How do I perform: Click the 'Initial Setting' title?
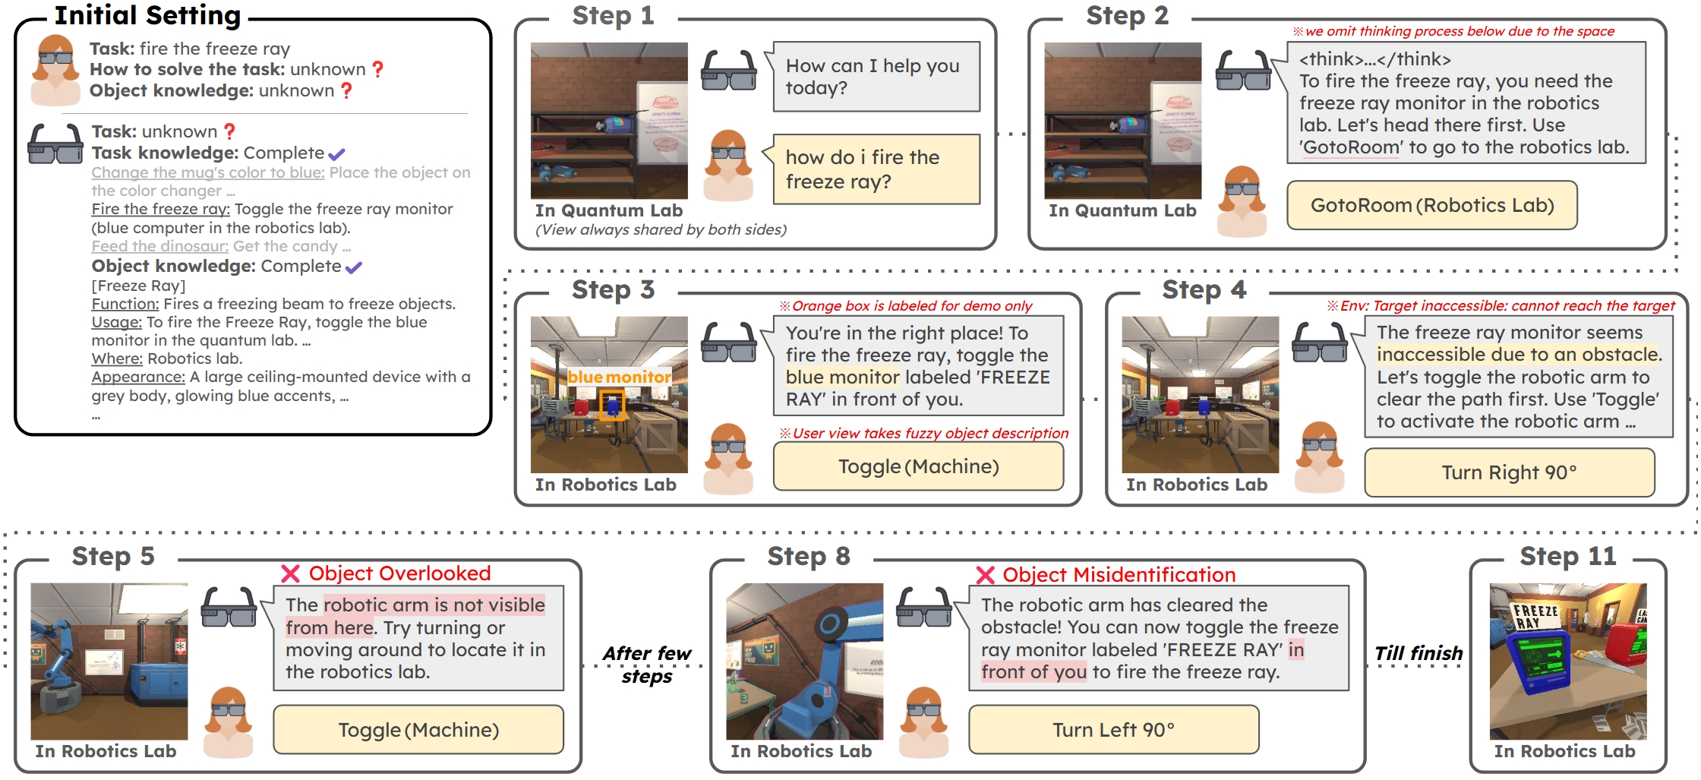pos(148,15)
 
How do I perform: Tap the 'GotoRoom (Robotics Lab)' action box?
pos(1432,205)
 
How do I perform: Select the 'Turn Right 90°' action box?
pos(1509,472)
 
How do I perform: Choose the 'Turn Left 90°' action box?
pos(1113,730)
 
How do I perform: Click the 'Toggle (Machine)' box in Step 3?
pos(918,466)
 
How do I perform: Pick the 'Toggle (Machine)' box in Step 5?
pos(418,730)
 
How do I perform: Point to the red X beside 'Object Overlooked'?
pos(290,573)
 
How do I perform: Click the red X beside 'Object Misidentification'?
pos(985,575)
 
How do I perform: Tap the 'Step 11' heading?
pos(1567,557)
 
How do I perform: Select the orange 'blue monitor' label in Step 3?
pos(619,377)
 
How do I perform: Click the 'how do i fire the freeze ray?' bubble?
pos(876,169)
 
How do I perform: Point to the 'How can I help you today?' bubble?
pos(876,77)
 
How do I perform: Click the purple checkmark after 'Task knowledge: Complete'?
pos(336,154)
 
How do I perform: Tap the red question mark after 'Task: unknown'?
pos(229,131)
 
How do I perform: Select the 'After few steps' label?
pos(647,665)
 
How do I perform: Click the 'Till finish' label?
pos(1418,653)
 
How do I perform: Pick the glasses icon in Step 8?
pos(923,607)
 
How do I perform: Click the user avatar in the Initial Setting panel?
pos(55,68)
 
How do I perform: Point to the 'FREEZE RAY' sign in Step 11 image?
pos(1535,616)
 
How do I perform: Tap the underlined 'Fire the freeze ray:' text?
pos(160,209)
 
